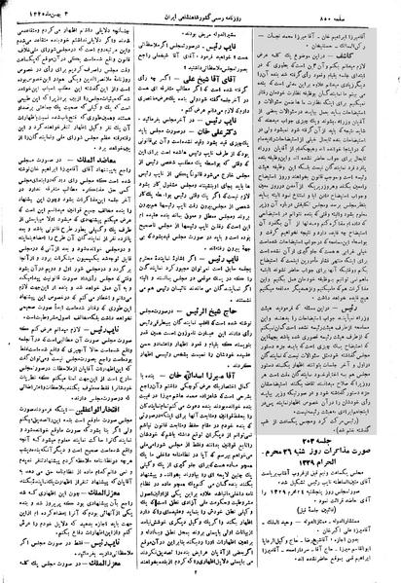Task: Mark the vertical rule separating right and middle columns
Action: click(x=265, y=292)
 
